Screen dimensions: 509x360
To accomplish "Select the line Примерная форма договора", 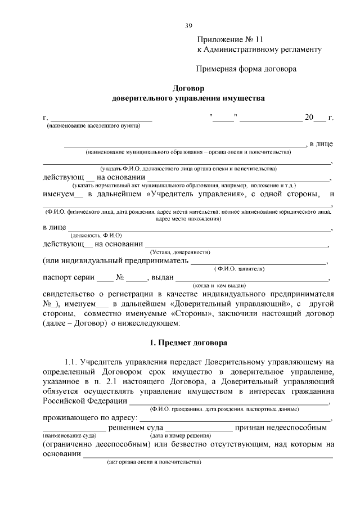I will [x=246, y=69].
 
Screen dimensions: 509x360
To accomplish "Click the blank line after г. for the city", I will [x=101, y=118].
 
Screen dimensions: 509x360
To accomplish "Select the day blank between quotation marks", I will [x=224, y=118].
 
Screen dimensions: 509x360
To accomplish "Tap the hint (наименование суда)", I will [x=66, y=435].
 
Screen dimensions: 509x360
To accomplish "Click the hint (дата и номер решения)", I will [x=180, y=435].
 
